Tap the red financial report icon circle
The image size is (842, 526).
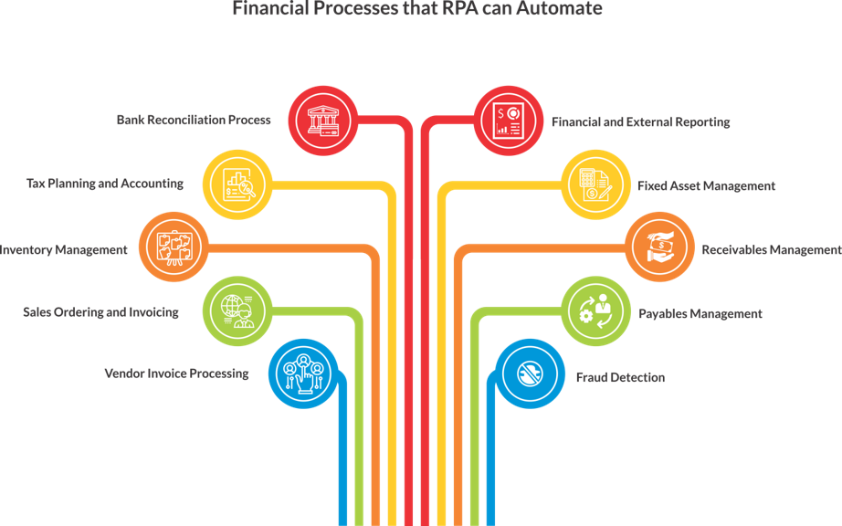coord(508,121)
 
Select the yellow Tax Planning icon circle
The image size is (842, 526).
coord(236,184)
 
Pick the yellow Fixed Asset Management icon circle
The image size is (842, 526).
coord(594,184)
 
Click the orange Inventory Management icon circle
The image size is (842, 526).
coord(173,248)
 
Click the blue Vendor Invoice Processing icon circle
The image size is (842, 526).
coord(302,374)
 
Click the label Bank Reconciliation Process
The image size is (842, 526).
coord(194,120)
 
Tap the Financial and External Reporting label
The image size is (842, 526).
coord(640,121)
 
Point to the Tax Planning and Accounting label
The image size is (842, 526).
coord(104,184)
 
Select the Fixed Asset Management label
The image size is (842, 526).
coord(706,185)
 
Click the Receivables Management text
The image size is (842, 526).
coord(770,249)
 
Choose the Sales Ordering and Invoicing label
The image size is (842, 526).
coord(100,312)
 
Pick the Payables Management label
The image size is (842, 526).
coord(700,313)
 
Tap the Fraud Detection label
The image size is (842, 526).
coord(619,377)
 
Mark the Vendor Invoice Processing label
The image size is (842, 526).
coord(176,373)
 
